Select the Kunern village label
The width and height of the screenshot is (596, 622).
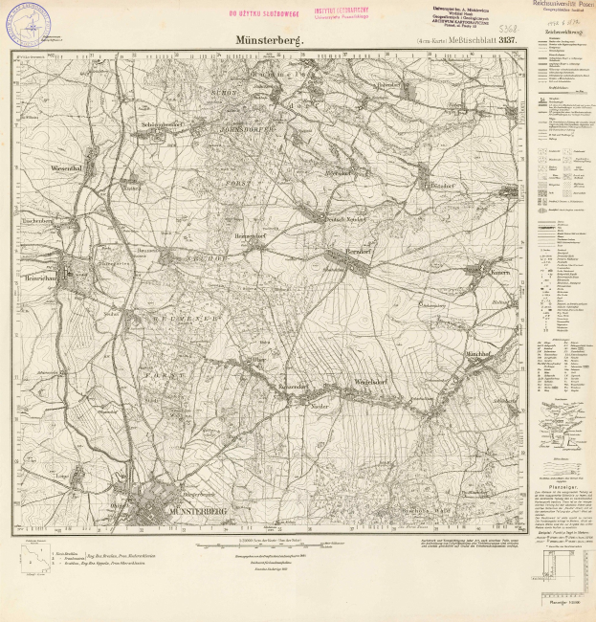point(476,274)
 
